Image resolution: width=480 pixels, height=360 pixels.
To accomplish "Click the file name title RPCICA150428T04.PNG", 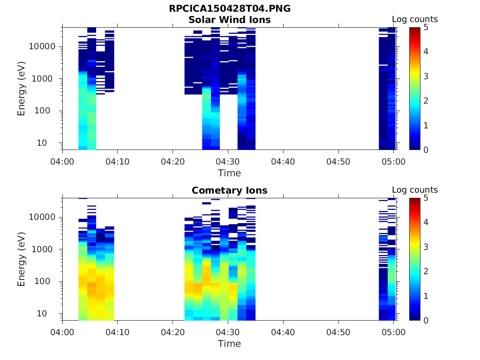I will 230,9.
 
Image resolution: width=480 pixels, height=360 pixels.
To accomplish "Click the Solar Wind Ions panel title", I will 230,20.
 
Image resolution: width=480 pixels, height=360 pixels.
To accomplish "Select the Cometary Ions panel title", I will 230,190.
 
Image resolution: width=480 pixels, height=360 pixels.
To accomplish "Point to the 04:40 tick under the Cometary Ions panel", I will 283,332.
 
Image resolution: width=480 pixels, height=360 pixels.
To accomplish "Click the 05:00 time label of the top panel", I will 394,162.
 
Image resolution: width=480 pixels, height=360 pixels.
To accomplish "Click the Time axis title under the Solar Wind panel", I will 230,173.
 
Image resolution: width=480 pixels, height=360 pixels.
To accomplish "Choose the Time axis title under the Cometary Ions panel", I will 230,344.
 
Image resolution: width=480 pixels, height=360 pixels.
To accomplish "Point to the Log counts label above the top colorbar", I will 415,20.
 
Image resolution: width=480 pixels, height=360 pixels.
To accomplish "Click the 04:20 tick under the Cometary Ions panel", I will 172,332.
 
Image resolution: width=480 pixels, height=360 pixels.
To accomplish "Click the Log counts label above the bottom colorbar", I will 415,190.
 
